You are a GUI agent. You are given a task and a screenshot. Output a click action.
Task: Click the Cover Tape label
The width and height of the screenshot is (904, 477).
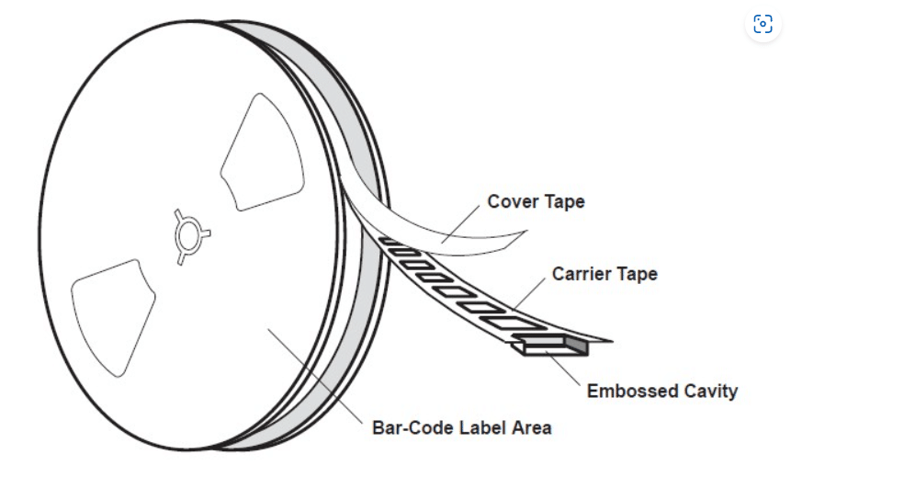click(x=536, y=201)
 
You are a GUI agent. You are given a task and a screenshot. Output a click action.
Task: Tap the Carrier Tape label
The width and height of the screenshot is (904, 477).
click(x=605, y=274)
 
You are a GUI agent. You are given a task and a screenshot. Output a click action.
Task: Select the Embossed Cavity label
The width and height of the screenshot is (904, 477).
click(x=661, y=391)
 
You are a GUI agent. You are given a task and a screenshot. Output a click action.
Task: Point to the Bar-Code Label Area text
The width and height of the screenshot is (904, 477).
click(x=461, y=427)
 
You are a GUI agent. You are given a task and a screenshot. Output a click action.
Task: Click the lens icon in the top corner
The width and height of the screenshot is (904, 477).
click(x=763, y=24)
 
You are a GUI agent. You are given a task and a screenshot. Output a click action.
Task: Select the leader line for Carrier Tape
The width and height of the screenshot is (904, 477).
click(x=530, y=291)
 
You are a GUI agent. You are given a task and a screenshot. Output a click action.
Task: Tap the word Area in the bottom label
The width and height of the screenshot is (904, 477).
click(x=532, y=427)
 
